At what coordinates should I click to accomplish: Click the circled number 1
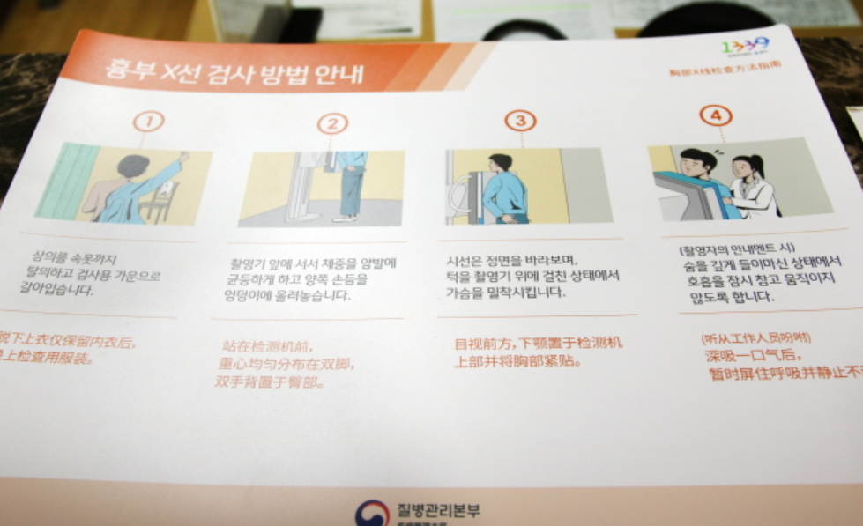click(149, 122)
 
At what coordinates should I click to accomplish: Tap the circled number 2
click(332, 122)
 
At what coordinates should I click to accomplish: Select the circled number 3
click(520, 121)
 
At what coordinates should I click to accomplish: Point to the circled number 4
click(716, 115)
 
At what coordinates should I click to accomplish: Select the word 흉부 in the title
click(126, 69)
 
